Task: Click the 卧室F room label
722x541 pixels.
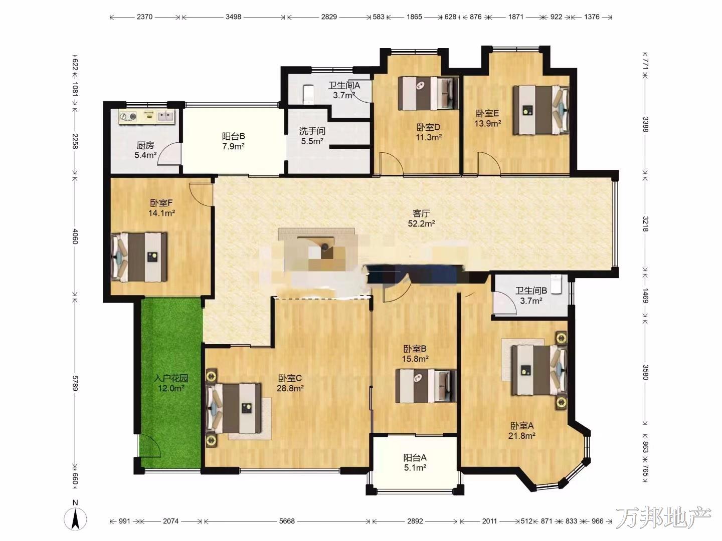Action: (x=161, y=203)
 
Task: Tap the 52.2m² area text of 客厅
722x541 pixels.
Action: (x=421, y=224)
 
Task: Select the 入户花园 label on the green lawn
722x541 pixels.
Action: (x=171, y=378)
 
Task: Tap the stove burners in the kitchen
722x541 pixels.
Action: (x=128, y=117)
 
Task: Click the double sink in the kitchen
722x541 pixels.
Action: (x=165, y=116)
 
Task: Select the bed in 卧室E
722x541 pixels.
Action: (x=541, y=110)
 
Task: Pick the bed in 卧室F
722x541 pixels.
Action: (x=139, y=257)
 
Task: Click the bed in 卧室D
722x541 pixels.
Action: (x=428, y=93)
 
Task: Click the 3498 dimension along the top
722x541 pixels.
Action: (x=233, y=17)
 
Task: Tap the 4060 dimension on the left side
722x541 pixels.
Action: (x=75, y=236)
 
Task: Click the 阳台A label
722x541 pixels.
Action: (x=415, y=457)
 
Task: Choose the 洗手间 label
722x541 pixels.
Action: (x=312, y=131)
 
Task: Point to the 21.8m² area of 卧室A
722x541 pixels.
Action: (x=522, y=436)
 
